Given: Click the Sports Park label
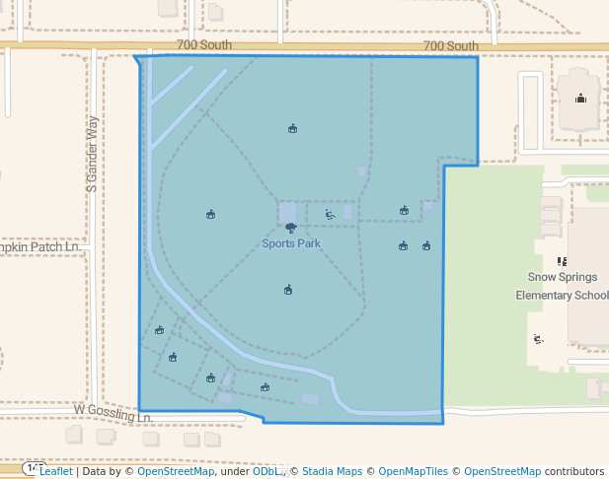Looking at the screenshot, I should pos(290,243).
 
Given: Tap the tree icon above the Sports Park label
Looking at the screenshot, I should pos(290,229).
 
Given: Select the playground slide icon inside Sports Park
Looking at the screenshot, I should pos(330,214).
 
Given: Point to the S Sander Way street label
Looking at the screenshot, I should pos(93,153).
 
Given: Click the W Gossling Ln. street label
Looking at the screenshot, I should pos(113,412).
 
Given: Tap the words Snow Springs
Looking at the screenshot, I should pos(563,278).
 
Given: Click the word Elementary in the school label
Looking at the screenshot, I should pos(543,295).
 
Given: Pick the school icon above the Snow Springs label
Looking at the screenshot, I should pos(562,261).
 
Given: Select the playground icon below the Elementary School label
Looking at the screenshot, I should pos(538,339).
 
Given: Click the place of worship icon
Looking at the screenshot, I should pos(580,97).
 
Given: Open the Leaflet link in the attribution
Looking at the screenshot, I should pos(55,472).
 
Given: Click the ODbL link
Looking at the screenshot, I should pos(265,472).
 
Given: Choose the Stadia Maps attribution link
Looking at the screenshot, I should pos(332,472).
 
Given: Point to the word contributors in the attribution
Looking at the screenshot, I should pos(574,472).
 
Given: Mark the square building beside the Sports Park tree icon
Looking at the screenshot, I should pos(287,212).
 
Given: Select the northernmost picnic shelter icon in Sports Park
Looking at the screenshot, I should pos(292,129).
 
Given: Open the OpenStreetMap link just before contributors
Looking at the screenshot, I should pos(502,472).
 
